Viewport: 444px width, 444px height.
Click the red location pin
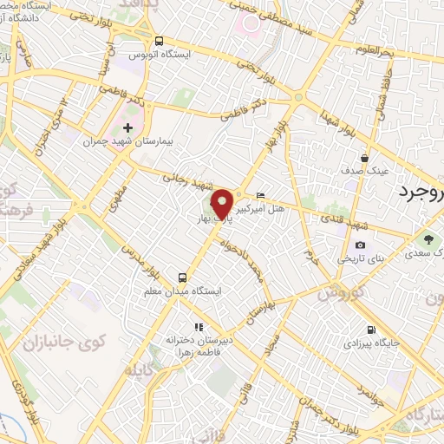224,201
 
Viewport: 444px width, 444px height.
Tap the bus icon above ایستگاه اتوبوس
158,41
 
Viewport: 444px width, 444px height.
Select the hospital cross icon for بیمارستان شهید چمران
128,128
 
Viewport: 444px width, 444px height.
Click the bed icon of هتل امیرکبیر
262,195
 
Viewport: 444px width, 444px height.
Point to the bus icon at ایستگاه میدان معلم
181,277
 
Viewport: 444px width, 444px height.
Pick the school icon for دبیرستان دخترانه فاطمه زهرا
199,327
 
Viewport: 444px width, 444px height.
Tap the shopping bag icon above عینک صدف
365,159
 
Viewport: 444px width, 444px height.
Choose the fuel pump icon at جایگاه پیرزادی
371,330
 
